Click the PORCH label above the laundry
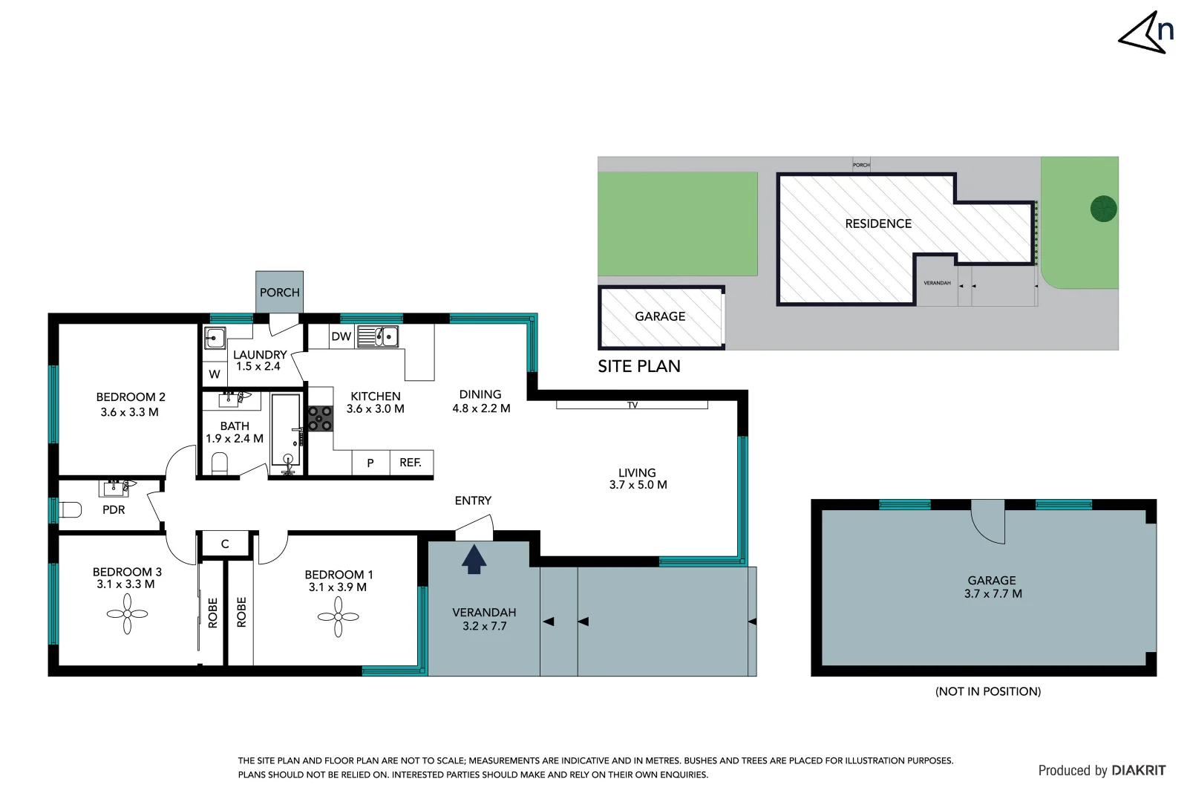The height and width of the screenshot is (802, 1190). (279, 293)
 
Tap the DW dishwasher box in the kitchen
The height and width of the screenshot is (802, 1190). (341, 336)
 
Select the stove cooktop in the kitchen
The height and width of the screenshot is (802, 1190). (321, 418)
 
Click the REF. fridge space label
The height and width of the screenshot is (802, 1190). (411, 463)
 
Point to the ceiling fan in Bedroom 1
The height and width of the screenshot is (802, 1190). (338, 617)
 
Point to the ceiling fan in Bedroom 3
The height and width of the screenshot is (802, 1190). (127, 614)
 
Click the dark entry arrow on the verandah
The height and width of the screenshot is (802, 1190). (474, 559)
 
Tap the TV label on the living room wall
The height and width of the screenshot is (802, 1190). (632, 405)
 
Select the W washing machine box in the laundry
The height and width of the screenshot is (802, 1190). (215, 374)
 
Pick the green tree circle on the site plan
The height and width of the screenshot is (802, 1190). (1103, 209)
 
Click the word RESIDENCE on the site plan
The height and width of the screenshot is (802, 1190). (877, 224)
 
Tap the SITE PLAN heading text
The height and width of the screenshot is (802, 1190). (638, 366)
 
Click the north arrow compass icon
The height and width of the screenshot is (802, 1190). (1145, 33)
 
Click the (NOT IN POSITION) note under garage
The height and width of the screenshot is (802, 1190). (987, 691)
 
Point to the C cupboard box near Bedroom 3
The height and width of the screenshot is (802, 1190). (225, 544)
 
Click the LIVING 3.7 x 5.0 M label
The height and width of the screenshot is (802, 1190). (638, 479)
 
